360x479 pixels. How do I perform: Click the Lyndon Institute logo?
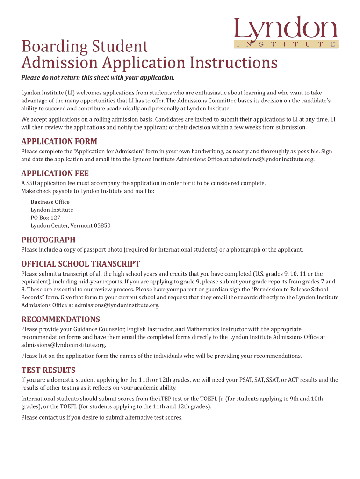[286, 32]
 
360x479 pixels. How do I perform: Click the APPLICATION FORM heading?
[59, 142]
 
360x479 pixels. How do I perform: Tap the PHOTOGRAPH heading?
[48, 240]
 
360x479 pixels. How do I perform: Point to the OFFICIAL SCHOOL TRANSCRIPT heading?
[80, 264]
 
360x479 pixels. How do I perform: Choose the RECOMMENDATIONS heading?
[60, 319]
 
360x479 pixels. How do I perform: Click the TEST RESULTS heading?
[48, 370]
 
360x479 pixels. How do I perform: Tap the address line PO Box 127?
[45, 218]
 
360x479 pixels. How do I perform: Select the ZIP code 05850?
[102, 225]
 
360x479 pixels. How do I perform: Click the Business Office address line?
[50, 202]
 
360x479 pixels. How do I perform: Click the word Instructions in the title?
[233, 63]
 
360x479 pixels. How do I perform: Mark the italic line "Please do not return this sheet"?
[98, 78]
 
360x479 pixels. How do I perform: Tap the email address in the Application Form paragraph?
[272, 160]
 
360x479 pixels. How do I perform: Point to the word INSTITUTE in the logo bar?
[286, 44]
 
